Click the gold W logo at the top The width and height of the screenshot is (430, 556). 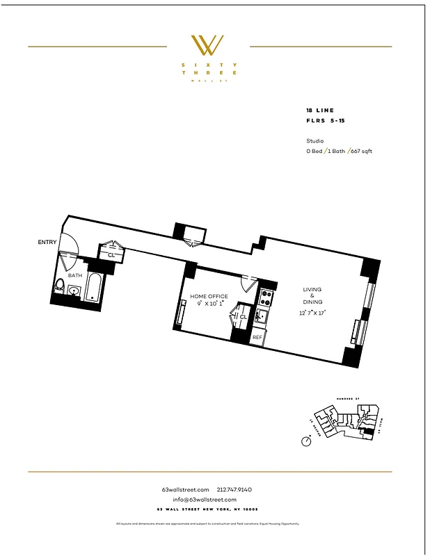click(207, 46)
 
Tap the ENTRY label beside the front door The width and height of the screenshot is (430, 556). click(47, 242)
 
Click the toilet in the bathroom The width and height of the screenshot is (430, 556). click(60, 286)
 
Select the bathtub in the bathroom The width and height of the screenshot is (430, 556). click(94, 287)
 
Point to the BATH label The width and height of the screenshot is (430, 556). click(74, 275)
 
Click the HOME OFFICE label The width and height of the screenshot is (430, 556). click(209, 296)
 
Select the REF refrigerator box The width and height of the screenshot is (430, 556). click(257, 337)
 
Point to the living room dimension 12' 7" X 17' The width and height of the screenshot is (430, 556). click(312, 313)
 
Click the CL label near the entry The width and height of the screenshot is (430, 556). click(111, 255)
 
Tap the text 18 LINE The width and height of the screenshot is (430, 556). click(320, 111)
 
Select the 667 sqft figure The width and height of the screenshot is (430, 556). click(361, 151)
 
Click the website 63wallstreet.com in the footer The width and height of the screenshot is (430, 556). click(185, 490)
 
